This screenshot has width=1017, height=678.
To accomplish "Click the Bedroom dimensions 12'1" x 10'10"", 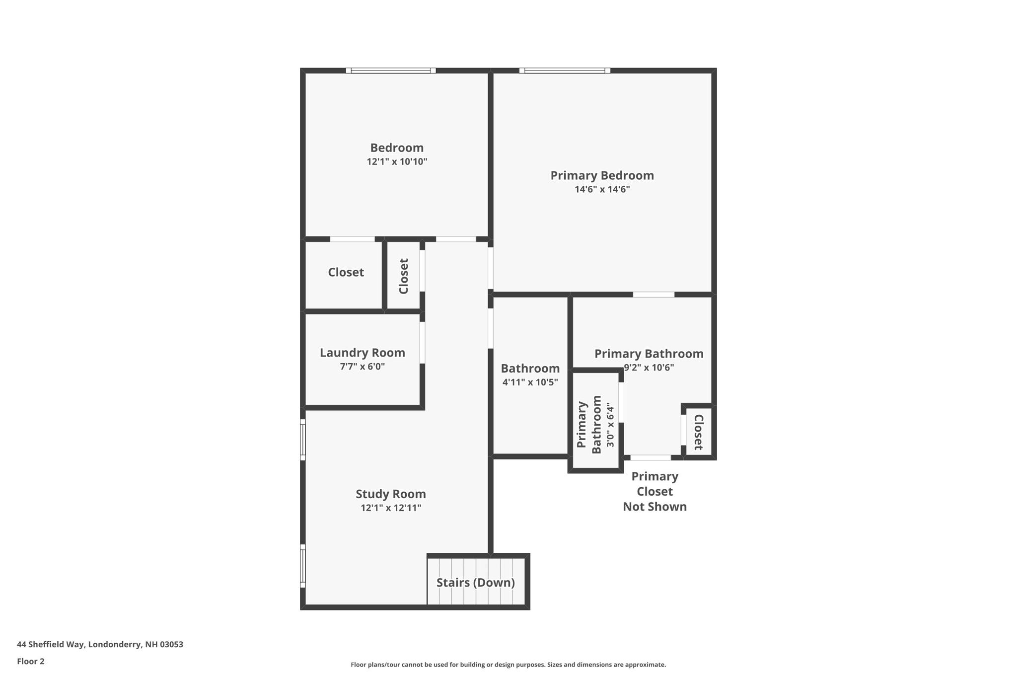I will [x=397, y=162].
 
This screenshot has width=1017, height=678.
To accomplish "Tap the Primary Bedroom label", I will [x=602, y=175].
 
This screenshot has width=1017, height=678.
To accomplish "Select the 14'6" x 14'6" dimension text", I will [x=602, y=189].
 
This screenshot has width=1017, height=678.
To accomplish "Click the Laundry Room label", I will [x=362, y=353].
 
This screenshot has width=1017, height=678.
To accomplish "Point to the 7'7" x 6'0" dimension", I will [x=362, y=367].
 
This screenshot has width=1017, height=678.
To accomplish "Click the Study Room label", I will [x=390, y=494].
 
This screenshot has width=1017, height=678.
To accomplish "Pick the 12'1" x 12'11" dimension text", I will [x=390, y=508].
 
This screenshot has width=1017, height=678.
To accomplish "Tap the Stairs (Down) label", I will [x=475, y=583].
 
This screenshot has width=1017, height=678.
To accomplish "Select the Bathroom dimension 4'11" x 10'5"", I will [x=530, y=382].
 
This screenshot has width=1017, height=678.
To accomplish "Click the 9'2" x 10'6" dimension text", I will [x=649, y=368].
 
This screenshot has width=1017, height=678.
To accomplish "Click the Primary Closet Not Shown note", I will [x=654, y=491].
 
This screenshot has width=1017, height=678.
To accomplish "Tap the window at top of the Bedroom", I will [x=391, y=71].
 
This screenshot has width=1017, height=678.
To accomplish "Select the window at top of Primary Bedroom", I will [x=565, y=71].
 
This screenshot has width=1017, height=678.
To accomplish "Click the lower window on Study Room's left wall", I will [x=302, y=566].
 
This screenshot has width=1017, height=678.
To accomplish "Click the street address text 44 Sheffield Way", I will [x=100, y=644].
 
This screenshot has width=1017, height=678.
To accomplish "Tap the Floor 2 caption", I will [x=30, y=661].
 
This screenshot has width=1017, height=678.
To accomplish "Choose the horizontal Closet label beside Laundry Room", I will [x=346, y=272].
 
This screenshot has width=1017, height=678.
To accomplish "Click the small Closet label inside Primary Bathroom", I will [x=698, y=432].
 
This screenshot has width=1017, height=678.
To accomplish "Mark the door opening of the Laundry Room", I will [x=422, y=342].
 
